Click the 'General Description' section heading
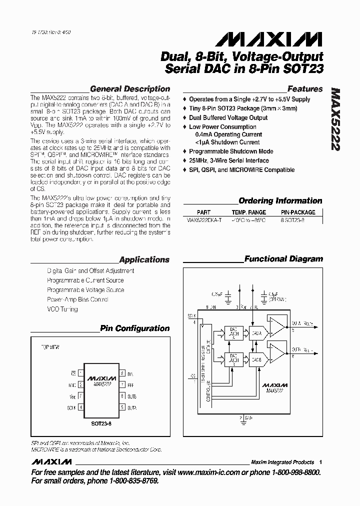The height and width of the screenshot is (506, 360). point(129,89)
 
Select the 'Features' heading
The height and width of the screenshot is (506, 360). point(305,89)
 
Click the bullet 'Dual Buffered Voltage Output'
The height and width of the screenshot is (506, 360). point(228,118)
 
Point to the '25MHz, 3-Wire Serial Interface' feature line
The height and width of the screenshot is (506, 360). point(228,160)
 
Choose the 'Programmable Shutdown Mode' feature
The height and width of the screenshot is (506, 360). point(231,151)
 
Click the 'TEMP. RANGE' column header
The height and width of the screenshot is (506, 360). point(249,212)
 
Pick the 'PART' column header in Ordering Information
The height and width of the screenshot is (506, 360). point(203,212)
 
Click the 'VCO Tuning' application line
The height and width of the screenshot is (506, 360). point(62,309)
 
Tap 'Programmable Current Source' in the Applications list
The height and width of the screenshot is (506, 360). point(85,280)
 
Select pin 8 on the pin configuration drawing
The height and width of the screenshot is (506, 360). point(122,373)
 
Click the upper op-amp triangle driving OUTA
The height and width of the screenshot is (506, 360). point(276,326)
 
